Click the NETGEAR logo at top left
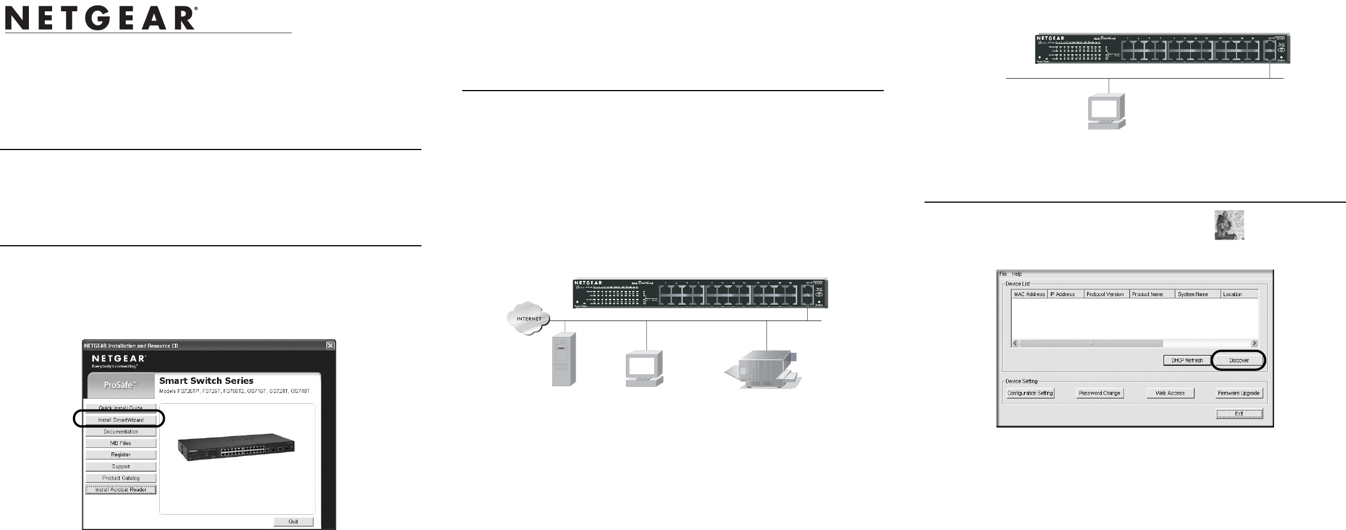pos(101,19)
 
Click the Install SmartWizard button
pos(121,420)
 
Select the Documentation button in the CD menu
pos(121,431)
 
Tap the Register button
pos(121,455)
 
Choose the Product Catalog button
pos(121,478)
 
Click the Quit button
pos(293,522)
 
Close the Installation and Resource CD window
pos(330,345)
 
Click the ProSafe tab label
pos(120,385)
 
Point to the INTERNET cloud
pos(529,318)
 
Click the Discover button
pos(1239,360)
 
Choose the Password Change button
pos(1099,393)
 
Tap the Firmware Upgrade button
pos(1239,393)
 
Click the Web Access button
pos(1170,393)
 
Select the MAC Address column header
pos(1029,294)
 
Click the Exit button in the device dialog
pos(1239,414)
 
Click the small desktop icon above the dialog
pos(1229,225)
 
